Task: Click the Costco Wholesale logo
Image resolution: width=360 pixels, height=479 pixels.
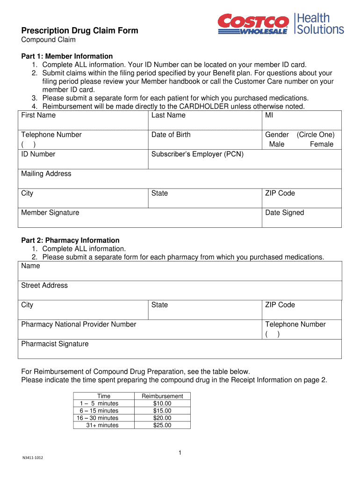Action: click(x=253, y=24)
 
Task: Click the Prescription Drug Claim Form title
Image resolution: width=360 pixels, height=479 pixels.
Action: click(x=80, y=31)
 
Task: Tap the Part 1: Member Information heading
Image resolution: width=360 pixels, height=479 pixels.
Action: click(x=67, y=56)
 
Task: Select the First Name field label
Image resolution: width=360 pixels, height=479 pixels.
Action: click(x=38, y=115)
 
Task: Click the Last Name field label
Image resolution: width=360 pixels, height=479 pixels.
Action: click(x=168, y=115)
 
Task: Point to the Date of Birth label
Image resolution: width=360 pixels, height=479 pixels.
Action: click(x=171, y=135)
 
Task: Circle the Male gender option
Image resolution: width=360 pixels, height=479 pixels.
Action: click(x=276, y=144)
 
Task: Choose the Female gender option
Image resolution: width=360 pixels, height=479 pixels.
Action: click(x=321, y=144)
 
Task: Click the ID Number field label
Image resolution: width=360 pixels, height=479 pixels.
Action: click(x=38, y=154)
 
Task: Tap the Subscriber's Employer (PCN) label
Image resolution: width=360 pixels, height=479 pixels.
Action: click(x=197, y=154)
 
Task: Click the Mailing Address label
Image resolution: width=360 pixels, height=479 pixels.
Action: click(x=46, y=174)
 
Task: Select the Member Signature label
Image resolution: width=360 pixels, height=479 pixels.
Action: click(x=50, y=213)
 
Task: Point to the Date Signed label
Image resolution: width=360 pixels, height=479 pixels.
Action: click(x=284, y=213)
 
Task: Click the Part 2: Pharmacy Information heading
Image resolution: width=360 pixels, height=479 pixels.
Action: click(x=70, y=240)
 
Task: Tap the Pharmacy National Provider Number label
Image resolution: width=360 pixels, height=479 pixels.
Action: click(x=79, y=324)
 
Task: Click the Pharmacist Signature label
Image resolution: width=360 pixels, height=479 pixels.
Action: click(x=55, y=344)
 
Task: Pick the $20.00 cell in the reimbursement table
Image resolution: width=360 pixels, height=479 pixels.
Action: click(x=162, y=418)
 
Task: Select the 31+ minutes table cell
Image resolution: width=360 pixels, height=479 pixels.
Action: click(x=102, y=425)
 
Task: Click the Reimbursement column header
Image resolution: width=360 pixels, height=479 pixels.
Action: click(x=162, y=396)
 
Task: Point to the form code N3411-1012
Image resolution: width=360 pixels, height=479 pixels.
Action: click(x=33, y=457)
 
